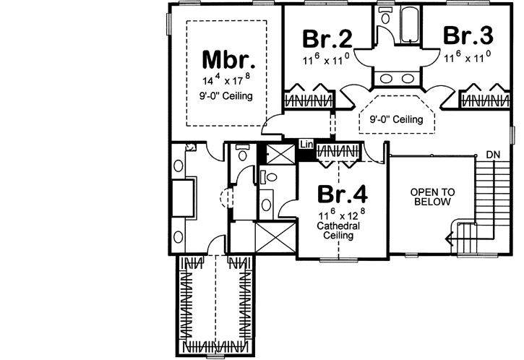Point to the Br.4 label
343,194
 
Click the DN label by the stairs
493,155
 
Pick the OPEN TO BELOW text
432,197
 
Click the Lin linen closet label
306,145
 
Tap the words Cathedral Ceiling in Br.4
337,231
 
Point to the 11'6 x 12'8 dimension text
338,215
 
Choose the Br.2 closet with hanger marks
308,99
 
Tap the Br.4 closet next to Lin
338,153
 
